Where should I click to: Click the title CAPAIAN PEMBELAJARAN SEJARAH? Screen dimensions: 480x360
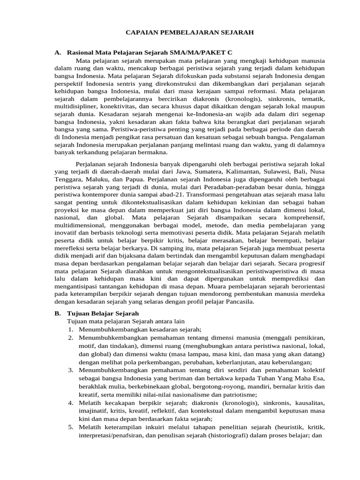[190, 33]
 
